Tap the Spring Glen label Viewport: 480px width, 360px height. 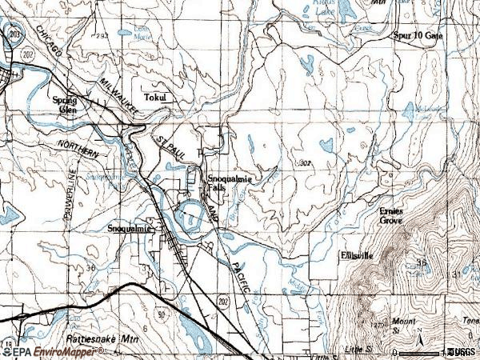pyautogui.click(x=64, y=105)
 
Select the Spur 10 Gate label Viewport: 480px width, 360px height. pyautogui.click(x=417, y=36)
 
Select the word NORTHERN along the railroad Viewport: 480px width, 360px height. pyautogui.click(x=78, y=150)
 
